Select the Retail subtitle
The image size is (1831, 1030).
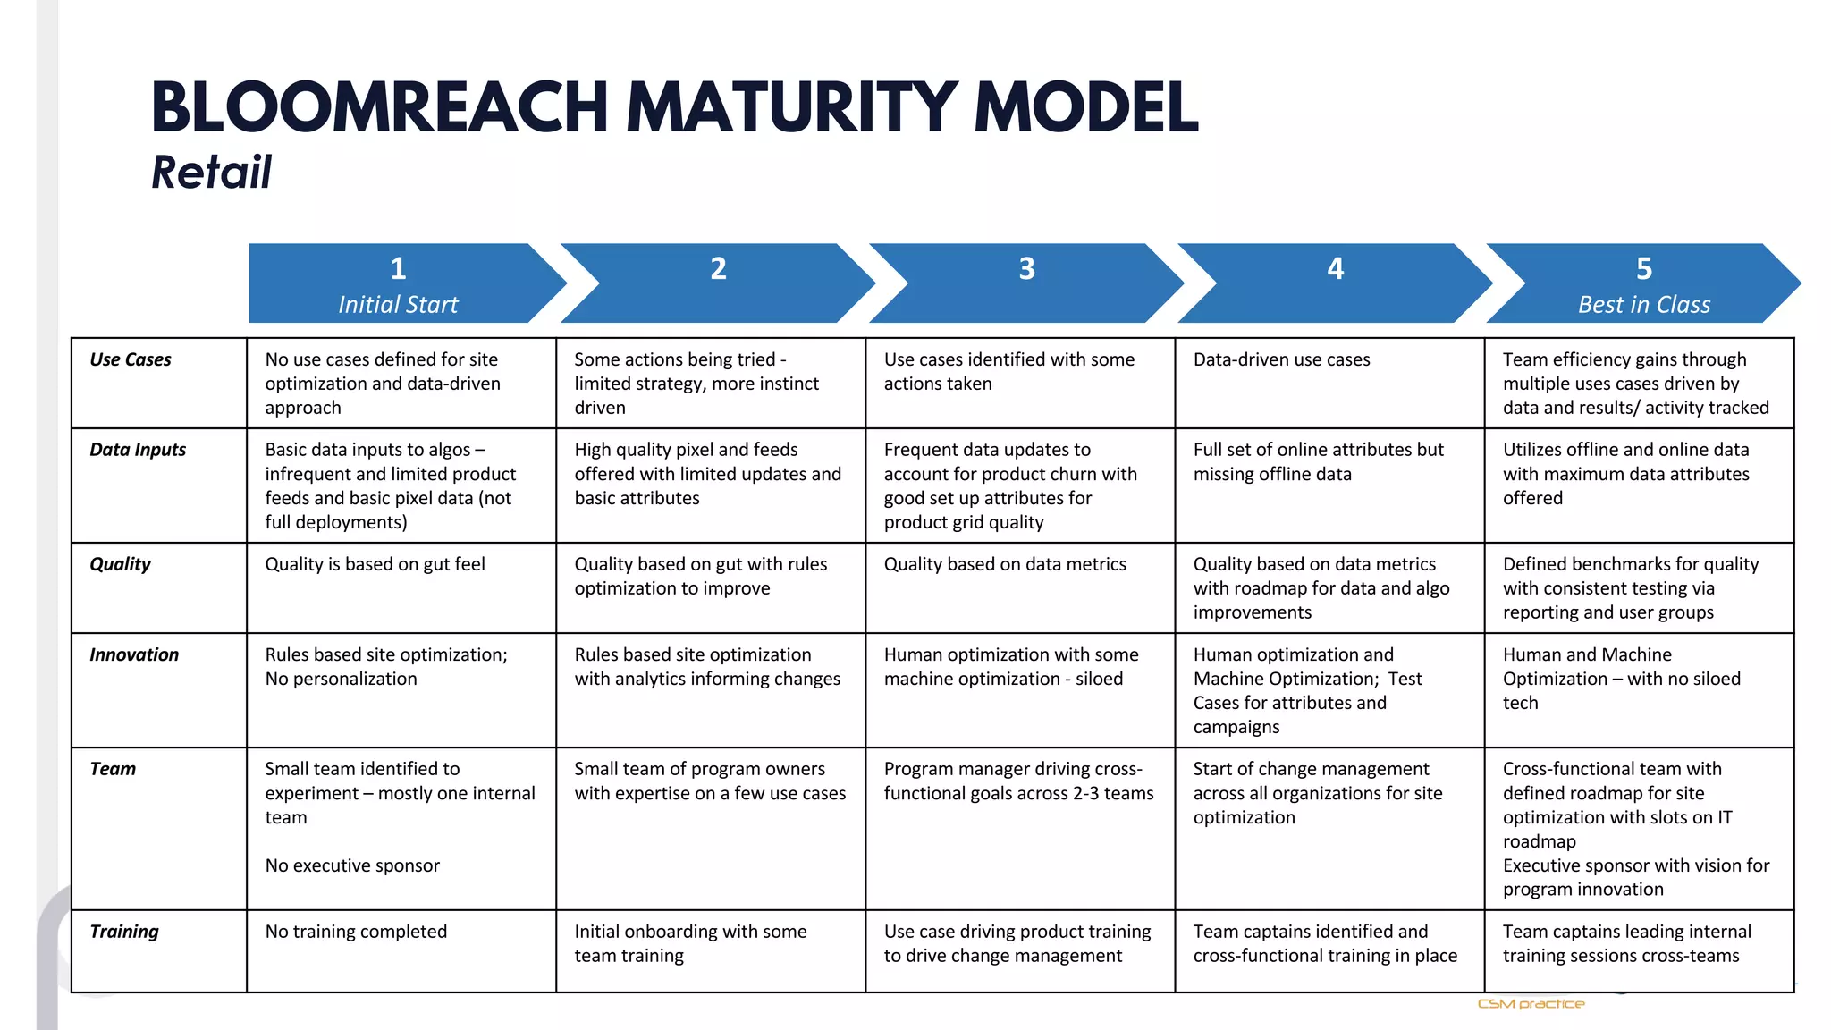[211, 172]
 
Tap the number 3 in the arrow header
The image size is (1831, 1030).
[1026, 268]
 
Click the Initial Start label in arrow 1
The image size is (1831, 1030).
[398, 305]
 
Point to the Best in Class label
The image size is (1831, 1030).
[1643, 305]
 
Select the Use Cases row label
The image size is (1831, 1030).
[131, 359]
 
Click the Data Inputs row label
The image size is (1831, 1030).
[138, 450]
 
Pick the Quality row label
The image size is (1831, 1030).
[120, 564]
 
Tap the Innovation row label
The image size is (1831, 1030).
[134, 654]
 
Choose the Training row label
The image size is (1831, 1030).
[124, 932]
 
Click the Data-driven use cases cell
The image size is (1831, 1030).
[1281, 359]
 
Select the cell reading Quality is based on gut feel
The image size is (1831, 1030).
[375, 564]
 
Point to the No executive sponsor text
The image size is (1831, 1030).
[352, 865]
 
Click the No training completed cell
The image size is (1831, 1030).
[356, 932]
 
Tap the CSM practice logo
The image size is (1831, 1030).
[1531, 1004]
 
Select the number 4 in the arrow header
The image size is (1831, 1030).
[1335, 268]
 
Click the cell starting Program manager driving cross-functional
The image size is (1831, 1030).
[1018, 781]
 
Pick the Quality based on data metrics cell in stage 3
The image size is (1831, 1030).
[1005, 564]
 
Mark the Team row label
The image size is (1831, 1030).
[113, 769]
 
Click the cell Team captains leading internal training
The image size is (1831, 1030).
[1626, 943]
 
